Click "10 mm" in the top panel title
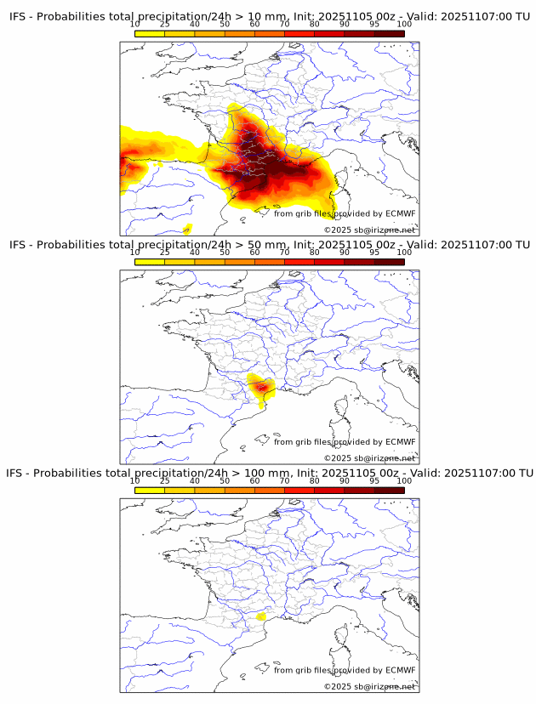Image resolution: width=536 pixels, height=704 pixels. point(265,16)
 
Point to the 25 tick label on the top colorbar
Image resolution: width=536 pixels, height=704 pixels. point(164,24)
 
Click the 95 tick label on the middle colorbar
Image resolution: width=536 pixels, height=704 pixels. point(373,253)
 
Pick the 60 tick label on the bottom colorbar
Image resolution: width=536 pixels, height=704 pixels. point(254,480)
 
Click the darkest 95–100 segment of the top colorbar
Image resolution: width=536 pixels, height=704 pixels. point(389,33)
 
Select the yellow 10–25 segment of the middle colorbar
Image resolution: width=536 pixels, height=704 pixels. point(150,262)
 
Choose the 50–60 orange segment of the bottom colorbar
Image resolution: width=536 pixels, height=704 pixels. point(239,490)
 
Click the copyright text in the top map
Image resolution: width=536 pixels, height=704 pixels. point(369,230)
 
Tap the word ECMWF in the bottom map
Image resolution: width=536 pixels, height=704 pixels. point(400,670)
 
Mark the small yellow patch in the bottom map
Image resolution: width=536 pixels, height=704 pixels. point(262,616)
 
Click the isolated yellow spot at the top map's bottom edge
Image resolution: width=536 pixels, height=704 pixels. point(188,228)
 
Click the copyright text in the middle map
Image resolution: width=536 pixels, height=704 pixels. point(369,458)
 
